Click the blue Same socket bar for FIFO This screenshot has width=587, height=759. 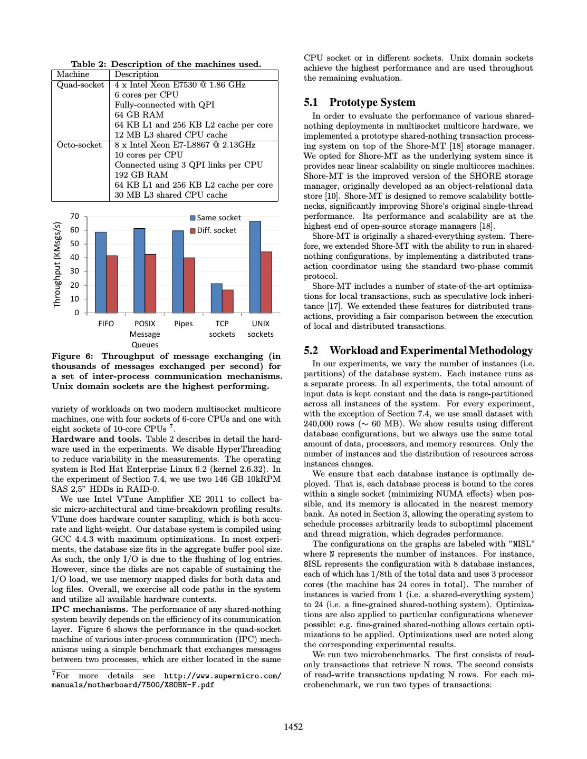pyautogui.click(x=100, y=272)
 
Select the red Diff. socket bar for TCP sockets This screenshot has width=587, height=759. pyautogui.click(x=227, y=301)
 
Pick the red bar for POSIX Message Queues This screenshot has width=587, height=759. pyautogui.click(x=150, y=283)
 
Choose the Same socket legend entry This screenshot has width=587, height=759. pyautogui.click(x=215, y=218)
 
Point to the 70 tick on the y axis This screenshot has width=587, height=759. pyautogui.click(x=74, y=216)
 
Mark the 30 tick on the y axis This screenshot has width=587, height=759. pyautogui.click(x=74, y=271)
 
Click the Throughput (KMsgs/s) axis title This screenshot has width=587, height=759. pyautogui.click(x=57, y=264)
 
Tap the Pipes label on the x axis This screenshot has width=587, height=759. pyautogui.click(x=183, y=324)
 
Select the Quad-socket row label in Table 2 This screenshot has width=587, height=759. pyautogui.click(x=80, y=85)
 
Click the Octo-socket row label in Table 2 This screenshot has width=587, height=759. pyautogui.click(x=79, y=145)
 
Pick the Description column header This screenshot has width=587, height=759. pyautogui.click(x=137, y=74)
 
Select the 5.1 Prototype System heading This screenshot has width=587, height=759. pyautogui.click(x=360, y=102)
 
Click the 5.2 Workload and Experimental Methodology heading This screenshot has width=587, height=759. pyautogui.click(x=418, y=351)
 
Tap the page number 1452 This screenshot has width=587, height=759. pyautogui.click(x=293, y=727)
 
